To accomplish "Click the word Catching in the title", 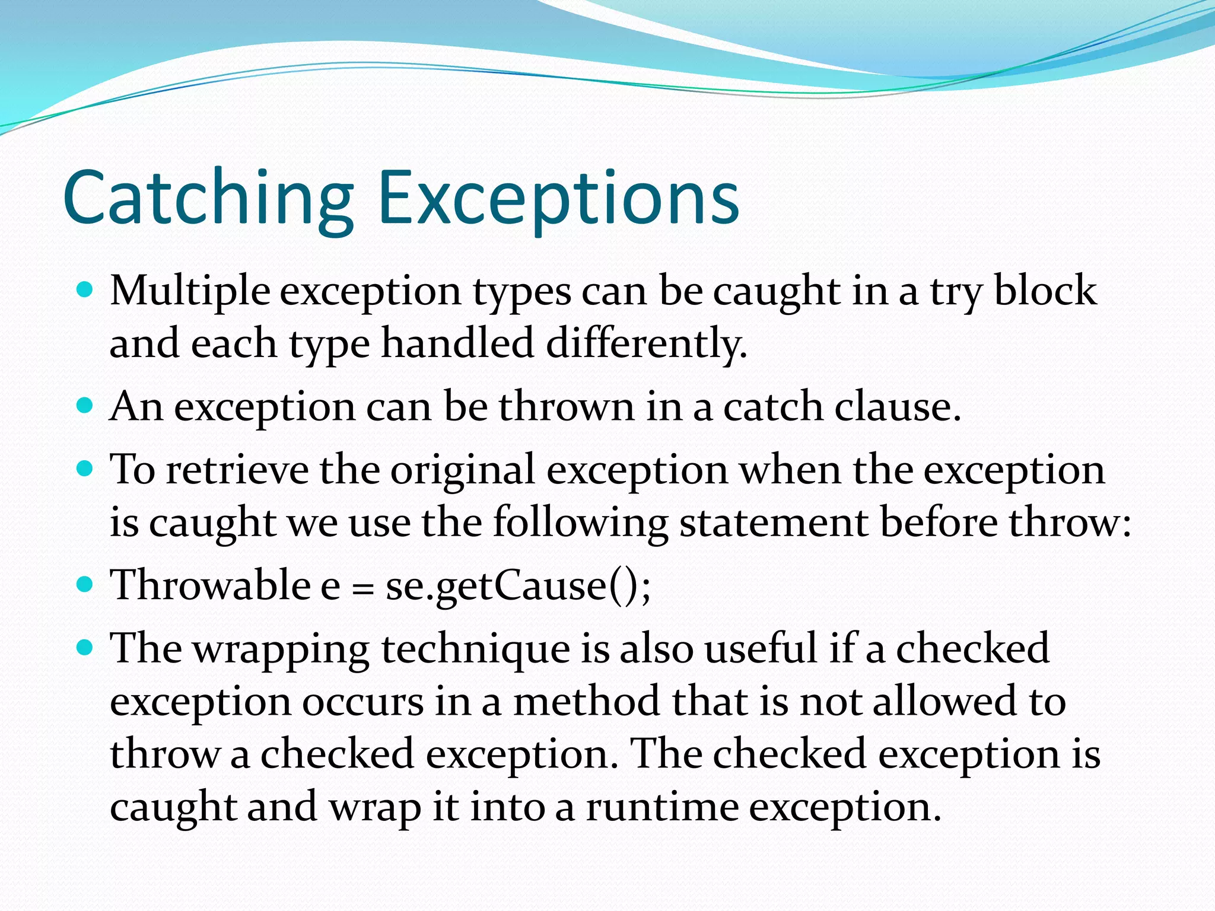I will coord(208,199).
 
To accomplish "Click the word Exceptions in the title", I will coord(558,199).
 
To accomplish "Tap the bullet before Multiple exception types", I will coord(86,290).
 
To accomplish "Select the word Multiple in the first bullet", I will coord(190,292).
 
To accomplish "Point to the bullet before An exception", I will coord(86,406).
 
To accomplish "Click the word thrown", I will coord(567,407).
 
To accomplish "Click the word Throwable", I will coord(211,585).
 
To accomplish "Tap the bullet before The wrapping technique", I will coord(86,647).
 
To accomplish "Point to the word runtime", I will coord(662,808).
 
